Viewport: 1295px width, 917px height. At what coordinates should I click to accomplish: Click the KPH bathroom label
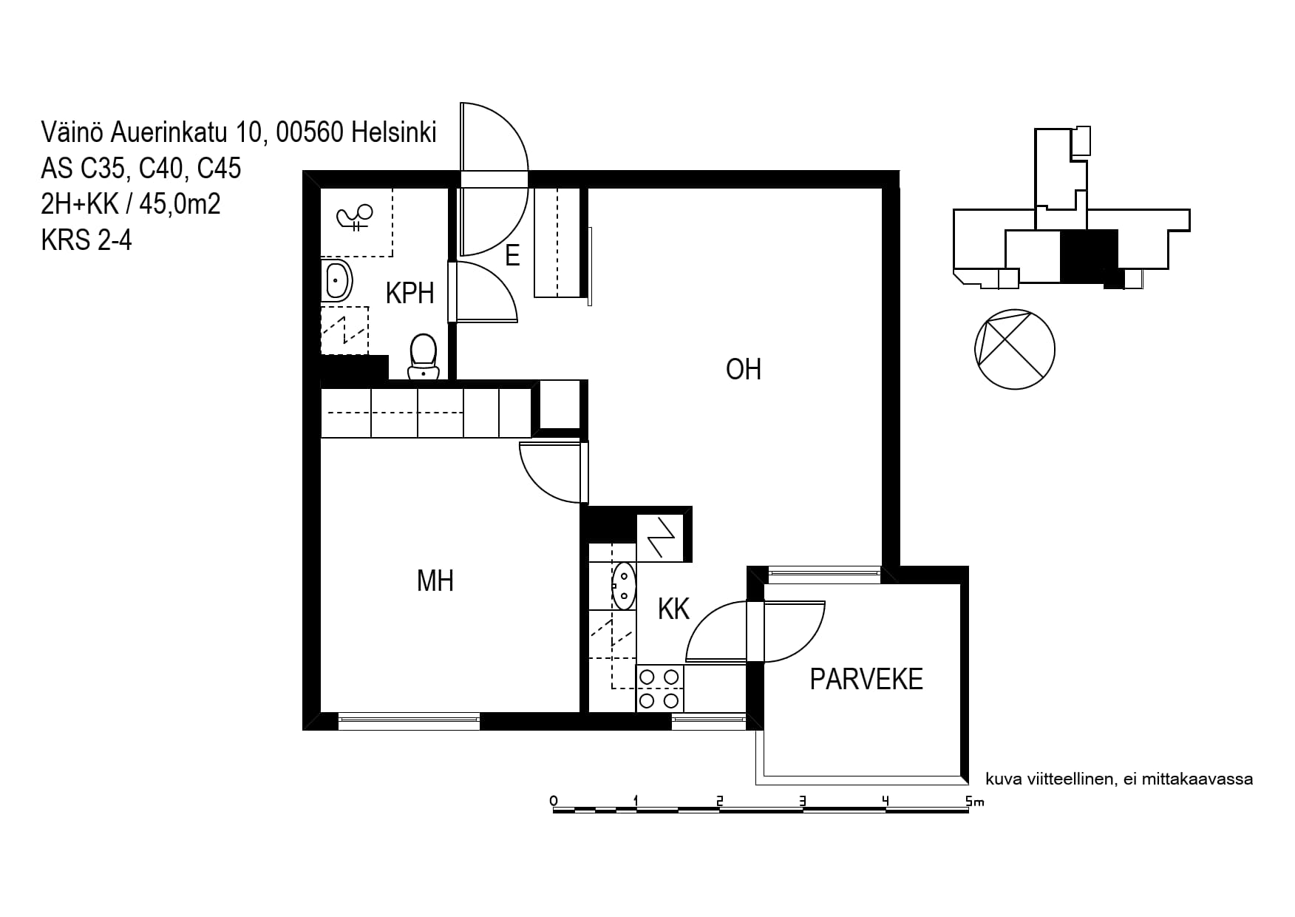pos(409,294)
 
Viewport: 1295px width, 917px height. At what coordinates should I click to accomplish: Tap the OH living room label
pos(744,369)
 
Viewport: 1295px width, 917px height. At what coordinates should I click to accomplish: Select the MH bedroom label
pos(435,581)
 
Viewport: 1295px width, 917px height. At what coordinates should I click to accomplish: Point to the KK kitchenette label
pos(673,609)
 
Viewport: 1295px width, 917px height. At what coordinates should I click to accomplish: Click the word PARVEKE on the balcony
pos(866,679)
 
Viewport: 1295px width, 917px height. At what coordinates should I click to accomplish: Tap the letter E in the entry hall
pos(512,256)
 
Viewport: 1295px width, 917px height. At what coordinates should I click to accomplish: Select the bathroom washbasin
pos(336,281)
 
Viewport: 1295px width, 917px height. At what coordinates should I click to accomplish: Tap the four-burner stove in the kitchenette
pos(660,688)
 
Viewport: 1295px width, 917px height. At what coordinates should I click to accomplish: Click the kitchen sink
pos(624,586)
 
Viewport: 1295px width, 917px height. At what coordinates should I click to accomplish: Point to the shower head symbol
pos(353,217)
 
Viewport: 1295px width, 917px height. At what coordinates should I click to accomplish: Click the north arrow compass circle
pos(1015,349)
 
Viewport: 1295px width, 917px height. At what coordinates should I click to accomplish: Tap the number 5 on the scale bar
pos(969,801)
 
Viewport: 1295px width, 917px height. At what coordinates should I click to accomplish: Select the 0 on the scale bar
pos(554,801)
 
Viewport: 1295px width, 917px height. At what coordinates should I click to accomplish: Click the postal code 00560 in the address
pos(310,132)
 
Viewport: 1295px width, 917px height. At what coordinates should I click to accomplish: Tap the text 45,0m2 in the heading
pos(180,203)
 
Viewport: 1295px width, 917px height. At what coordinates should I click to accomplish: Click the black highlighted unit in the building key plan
pos(1089,257)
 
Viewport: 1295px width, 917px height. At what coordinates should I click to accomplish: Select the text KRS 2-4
pos(86,240)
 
